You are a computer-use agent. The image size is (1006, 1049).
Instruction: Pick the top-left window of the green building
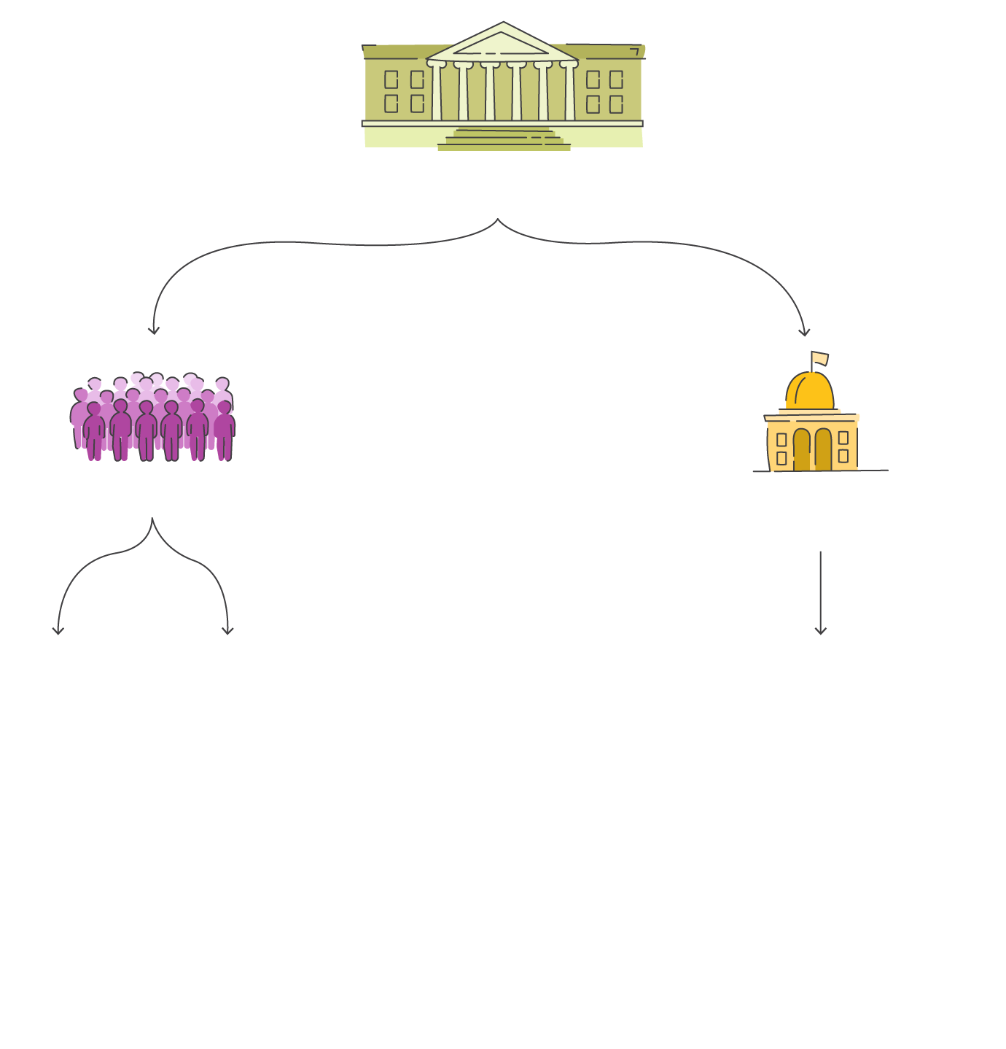tap(391, 79)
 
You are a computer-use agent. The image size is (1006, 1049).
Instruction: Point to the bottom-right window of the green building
tap(616, 104)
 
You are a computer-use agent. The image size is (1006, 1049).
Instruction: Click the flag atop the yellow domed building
tap(819, 358)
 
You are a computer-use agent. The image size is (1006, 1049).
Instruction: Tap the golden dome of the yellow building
tap(810, 392)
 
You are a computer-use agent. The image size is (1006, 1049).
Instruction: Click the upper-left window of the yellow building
tap(781, 440)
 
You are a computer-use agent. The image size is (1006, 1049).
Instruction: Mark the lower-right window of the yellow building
tap(843, 456)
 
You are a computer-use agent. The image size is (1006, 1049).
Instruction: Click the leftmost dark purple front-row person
tap(94, 432)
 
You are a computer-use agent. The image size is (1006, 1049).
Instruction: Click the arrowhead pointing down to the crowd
tap(153, 330)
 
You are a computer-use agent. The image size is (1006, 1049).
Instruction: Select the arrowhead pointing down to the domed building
tap(804, 333)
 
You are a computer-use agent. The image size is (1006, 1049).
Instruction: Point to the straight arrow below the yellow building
tap(821, 591)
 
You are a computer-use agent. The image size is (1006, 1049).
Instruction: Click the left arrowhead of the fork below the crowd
tap(58, 630)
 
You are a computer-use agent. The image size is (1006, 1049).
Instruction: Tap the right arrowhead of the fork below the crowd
tap(227, 630)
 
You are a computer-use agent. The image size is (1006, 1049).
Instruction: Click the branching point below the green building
tap(498, 220)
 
